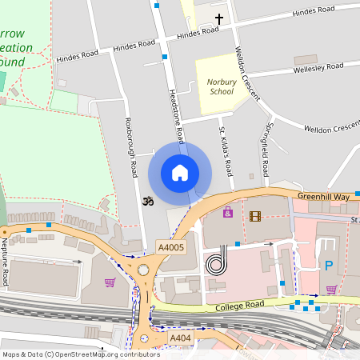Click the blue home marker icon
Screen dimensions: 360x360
tap(180, 173)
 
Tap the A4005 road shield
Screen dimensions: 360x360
tap(170, 248)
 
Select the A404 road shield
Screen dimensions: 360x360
tap(180, 339)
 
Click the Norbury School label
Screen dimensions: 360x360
tap(220, 86)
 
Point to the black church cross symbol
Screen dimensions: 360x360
tap(219, 18)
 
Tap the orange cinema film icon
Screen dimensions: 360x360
tap(255, 216)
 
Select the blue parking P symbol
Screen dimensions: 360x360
tap(327, 265)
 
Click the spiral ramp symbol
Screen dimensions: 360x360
tap(217, 262)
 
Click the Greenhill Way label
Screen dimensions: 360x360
tap(325, 196)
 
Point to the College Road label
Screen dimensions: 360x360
tap(239, 307)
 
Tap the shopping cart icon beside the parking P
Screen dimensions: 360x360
tap(331, 290)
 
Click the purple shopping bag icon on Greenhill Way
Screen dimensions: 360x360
tap(228, 213)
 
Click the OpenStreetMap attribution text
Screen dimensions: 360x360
tap(81, 354)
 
